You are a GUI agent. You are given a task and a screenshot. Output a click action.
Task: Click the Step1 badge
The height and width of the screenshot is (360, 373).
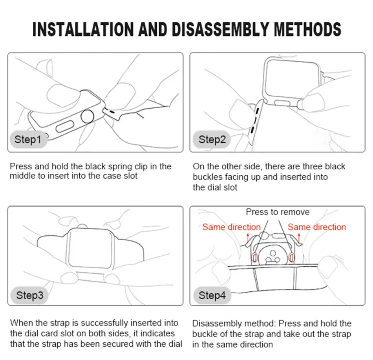[x=27, y=139]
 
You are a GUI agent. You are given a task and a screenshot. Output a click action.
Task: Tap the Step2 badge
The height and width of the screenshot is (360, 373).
[x=212, y=139]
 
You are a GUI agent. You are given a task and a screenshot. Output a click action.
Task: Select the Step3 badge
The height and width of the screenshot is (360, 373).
[x=29, y=295]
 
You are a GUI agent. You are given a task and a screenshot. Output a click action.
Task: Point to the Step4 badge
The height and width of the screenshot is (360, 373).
[x=212, y=295]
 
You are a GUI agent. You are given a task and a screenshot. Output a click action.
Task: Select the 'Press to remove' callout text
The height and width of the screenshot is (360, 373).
[x=278, y=212]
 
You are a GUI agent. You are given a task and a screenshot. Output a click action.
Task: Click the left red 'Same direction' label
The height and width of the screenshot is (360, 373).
[x=231, y=227]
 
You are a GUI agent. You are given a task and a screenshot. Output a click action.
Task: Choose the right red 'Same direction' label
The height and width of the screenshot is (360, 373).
[x=317, y=227]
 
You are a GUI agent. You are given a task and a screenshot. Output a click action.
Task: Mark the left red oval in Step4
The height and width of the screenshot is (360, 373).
[x=254, y=258]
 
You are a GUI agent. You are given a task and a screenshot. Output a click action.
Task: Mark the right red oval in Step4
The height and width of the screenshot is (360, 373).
[x=292, y=258]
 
